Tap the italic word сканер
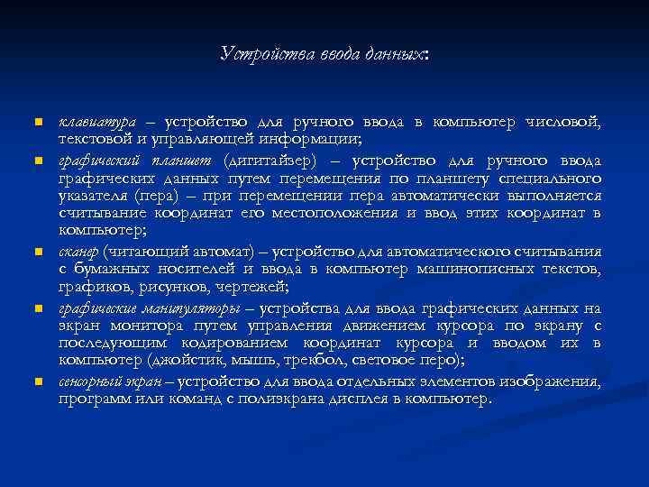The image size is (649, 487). click(x=79, y=252)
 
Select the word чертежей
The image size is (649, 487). click(x=253, y=287)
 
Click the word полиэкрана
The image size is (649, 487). click(x=282, y=398)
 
